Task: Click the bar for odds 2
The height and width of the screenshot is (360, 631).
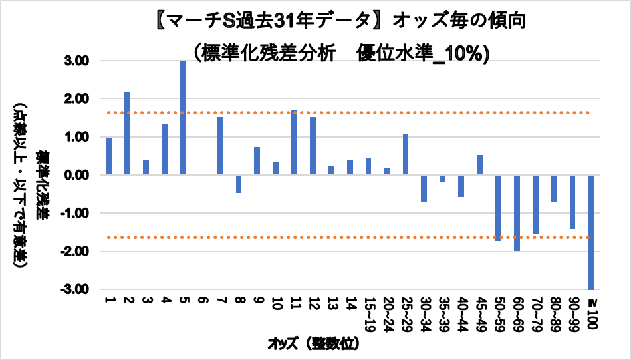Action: click(x=127, y=134)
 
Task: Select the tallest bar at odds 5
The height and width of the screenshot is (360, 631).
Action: click(x=183, y=118)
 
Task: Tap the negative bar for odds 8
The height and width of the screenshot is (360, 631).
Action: click(x=238, y=184)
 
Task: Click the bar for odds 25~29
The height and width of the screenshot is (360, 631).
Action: click(x=405, y=155)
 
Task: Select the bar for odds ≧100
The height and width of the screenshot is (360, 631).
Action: click(x=590, y=232)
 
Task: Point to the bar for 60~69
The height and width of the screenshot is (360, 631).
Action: click(x=516, y=213)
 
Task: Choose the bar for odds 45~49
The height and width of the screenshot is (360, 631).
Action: click(x=479, y=165)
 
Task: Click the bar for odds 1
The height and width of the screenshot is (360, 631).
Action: click(x=108, y=156)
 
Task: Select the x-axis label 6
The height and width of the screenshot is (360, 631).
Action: click(x=201, y=301)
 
